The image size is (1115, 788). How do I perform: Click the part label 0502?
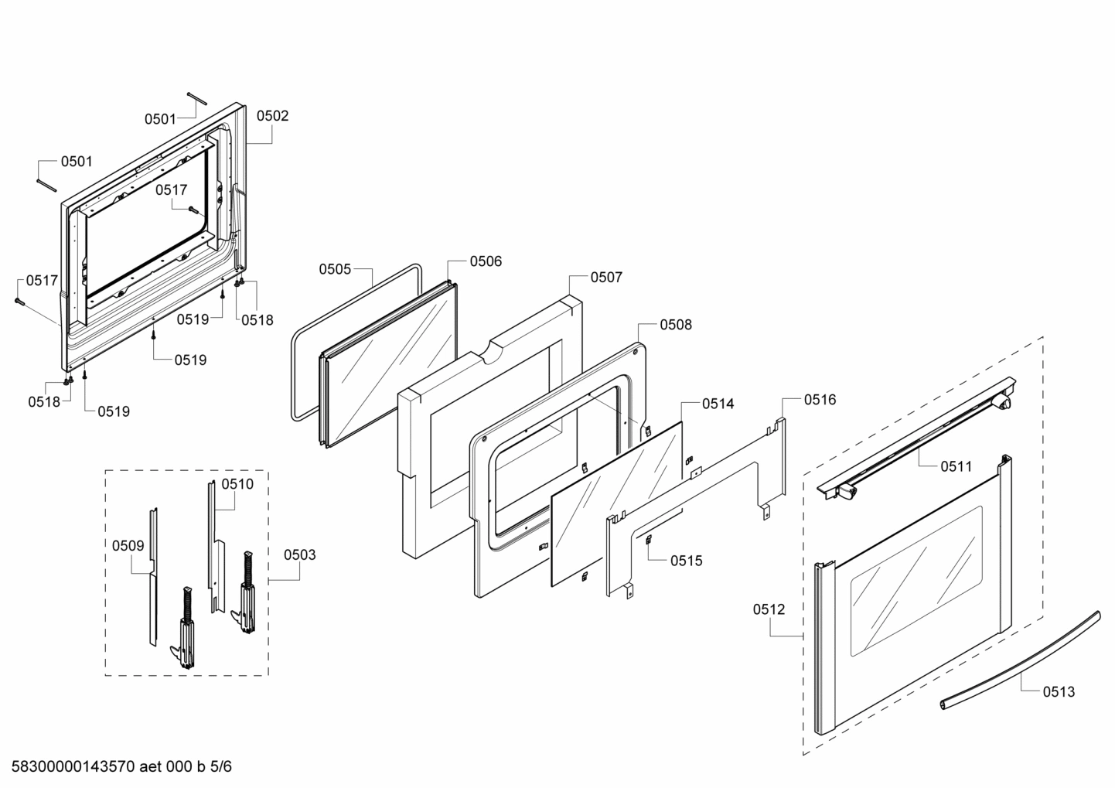click(x=272, y=116)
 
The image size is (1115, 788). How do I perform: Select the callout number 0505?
click(x=335, y=269)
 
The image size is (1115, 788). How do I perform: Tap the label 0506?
click(x=486, y=261)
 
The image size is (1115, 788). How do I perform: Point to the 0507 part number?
click(x=606, y=277)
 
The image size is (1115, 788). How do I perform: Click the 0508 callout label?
click(x=676, y=325)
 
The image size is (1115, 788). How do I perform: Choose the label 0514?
click(x=718, y=404)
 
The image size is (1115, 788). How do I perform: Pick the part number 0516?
click(x=820, y=400)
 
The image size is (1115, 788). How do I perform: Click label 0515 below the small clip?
click(x=686, y=561)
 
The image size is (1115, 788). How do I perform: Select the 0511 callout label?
click(x=956, y=466)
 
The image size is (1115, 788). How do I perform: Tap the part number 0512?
click(x=769, y=609)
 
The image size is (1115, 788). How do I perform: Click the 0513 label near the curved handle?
click(x=1059, y=691)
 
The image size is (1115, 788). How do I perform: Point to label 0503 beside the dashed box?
click(x=299, y=554)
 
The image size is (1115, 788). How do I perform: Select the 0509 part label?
click(x=128, y=545)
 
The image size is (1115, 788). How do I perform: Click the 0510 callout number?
click(x=237, y=484)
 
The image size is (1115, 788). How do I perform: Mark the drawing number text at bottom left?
click(x=116, y=767)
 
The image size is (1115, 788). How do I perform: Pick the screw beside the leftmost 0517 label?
click(x=19, y=302)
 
